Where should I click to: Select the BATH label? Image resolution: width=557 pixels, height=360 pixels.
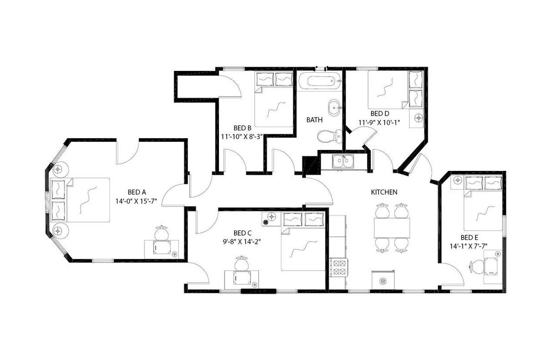314,120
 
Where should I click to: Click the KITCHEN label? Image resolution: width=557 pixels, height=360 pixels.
384,192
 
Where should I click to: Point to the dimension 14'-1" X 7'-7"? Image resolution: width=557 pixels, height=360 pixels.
469,246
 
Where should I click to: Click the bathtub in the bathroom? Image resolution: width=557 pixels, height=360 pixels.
319,81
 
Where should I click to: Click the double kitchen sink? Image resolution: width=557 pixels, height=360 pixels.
343,161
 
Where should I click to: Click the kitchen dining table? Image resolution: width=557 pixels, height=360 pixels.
392,227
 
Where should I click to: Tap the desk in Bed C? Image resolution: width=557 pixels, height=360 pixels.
242,277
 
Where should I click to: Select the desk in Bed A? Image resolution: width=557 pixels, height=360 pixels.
161,247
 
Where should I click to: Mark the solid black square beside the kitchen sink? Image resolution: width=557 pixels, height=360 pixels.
310,165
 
